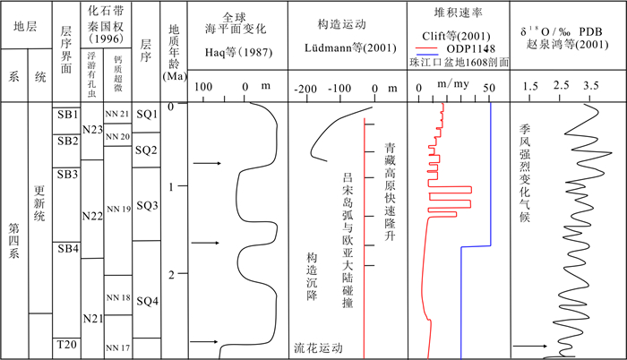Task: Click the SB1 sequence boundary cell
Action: tap(67, 115)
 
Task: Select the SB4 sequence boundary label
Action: tap(67, 247)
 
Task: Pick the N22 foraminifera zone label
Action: tap(92, 215)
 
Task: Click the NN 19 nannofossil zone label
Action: tap(118, 209)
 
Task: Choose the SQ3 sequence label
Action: tap(148, 206)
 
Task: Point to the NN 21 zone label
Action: tap(118, 114)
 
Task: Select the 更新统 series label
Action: tap(39, 208)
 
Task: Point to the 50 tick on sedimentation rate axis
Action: tap(489, 88)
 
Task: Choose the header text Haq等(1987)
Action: tap(238, 47)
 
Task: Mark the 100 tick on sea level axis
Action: tap(204, 87)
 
